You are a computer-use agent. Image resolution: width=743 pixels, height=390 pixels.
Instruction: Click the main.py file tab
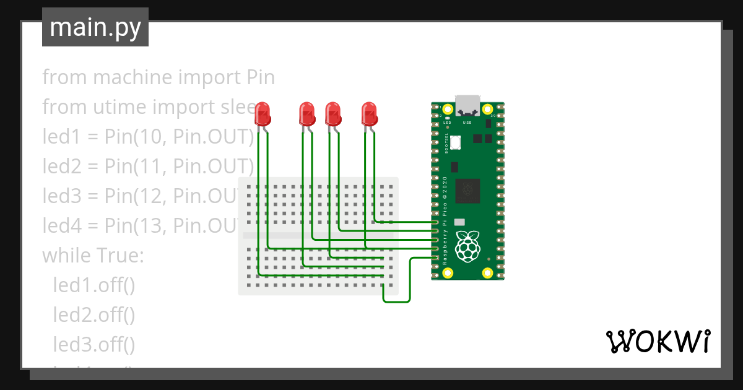pyautogui.click(x=95, y=27)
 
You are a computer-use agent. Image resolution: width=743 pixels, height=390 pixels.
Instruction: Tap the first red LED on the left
pyautogui.click(x=263, y=114)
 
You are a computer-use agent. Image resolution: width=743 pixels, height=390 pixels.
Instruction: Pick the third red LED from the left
pyautogui.click(x=334, y=114)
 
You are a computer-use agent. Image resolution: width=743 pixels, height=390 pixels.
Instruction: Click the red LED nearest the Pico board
pyautogui.click(x=370, y=114)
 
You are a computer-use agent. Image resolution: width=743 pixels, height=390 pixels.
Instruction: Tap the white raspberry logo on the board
pyautogui.click(x=467, y=246)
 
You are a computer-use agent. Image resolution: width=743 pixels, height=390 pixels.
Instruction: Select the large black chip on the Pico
pyautogui.click(x=467, y=191)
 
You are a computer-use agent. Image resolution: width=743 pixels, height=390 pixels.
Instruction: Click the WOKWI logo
pyautogui.click(x=658, y=341)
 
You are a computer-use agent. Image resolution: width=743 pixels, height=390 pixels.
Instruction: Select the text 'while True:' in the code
pyautogui.click(x=93, y=255)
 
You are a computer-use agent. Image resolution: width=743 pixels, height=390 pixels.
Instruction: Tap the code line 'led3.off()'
pyautogui.click(x=93, y=344)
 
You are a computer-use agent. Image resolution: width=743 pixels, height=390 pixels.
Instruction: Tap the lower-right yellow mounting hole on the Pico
pyautogui.click(x=487, y=272)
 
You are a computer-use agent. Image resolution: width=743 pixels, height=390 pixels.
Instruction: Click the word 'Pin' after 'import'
pyautogui.click(x=261, y=78)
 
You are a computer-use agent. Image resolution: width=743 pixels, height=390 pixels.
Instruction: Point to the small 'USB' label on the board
pyautogui.click(x=467, y=123)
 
